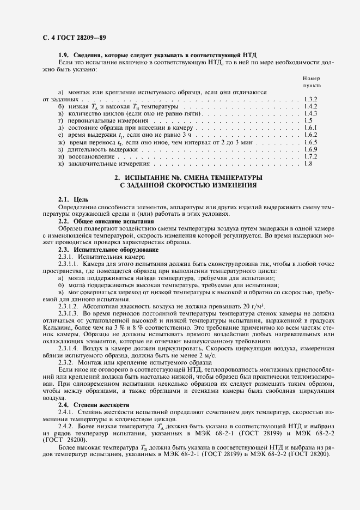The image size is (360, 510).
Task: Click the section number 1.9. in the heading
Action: [66, 56]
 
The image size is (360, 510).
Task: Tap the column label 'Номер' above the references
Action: [312, 78]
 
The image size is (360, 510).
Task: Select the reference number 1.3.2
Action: [310, 100]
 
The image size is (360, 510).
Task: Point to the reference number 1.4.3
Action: [310, 113]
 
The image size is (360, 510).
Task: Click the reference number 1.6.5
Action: [310, 142]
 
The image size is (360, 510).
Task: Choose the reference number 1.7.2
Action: [310, 156]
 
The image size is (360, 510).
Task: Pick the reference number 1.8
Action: [308, 163]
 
